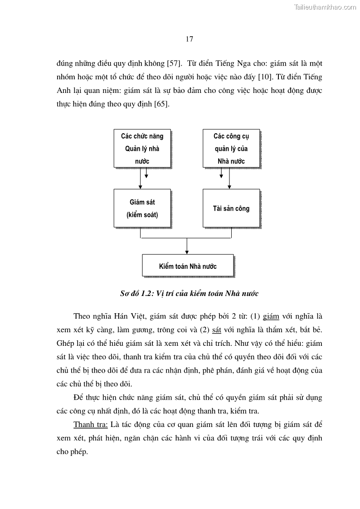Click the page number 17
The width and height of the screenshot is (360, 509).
click(190, 39)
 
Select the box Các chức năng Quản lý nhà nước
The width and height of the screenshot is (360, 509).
click(142, 148)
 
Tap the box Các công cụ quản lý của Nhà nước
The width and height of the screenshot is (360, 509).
click(231, 148)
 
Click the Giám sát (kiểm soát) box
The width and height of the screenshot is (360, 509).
click(142, 208)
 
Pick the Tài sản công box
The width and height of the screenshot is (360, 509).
click(231, 208)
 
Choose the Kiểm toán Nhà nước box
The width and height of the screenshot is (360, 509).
click(188, 266)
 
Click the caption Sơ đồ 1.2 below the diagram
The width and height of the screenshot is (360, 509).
click(189, 293)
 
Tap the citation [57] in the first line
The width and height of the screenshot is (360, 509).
click(175, 63)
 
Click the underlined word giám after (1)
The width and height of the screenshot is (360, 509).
click(271, 316)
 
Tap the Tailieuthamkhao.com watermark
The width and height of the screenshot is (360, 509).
click(325, 7)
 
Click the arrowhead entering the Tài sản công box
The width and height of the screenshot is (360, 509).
click(230, 186)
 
